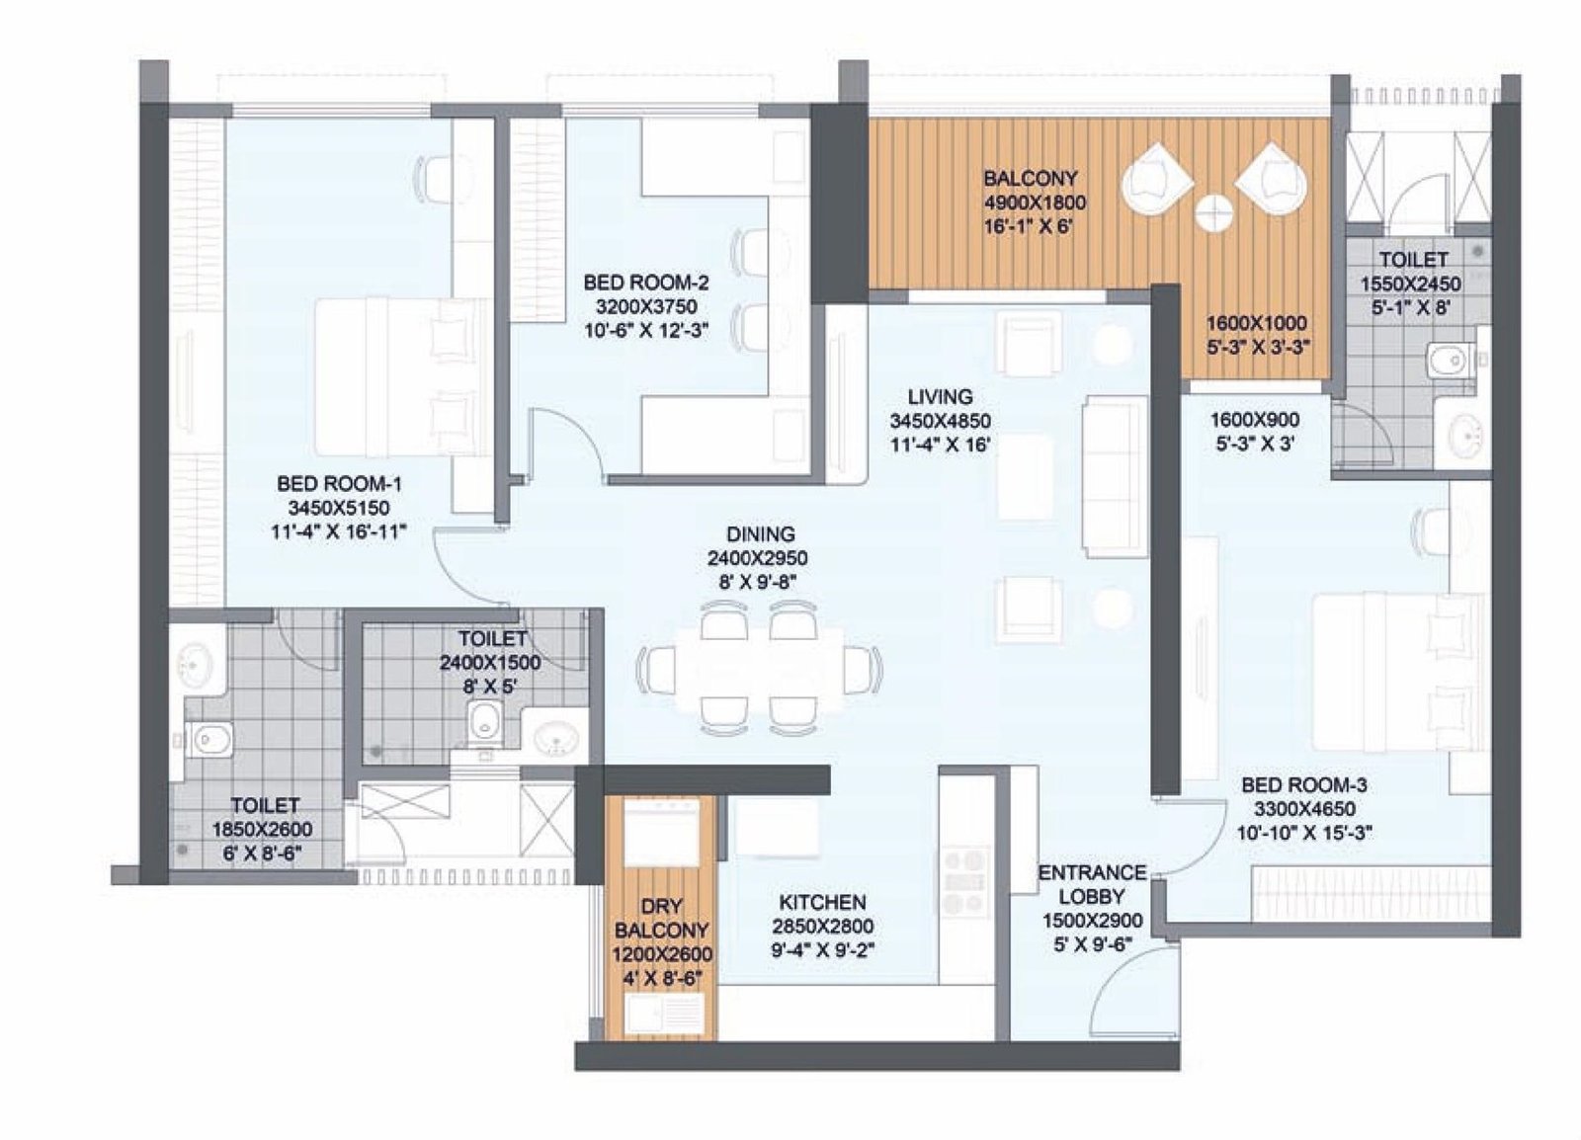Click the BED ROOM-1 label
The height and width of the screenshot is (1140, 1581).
[339, 484]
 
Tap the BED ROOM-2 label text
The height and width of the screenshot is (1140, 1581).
[645, 282]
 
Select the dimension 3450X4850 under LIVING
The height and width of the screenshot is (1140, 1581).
[940, 421]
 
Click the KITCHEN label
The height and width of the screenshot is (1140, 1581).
[822, 902]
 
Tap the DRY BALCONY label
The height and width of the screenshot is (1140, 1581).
[661, 918]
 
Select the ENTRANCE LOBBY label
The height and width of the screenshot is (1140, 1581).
[1092, 884]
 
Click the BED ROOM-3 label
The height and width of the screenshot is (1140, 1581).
[1303, 785]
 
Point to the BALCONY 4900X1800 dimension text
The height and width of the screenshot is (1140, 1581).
[1034, 204]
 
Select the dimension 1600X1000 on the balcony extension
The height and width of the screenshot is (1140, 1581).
[1256, 323]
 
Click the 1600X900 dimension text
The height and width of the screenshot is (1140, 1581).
[1254, 421]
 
